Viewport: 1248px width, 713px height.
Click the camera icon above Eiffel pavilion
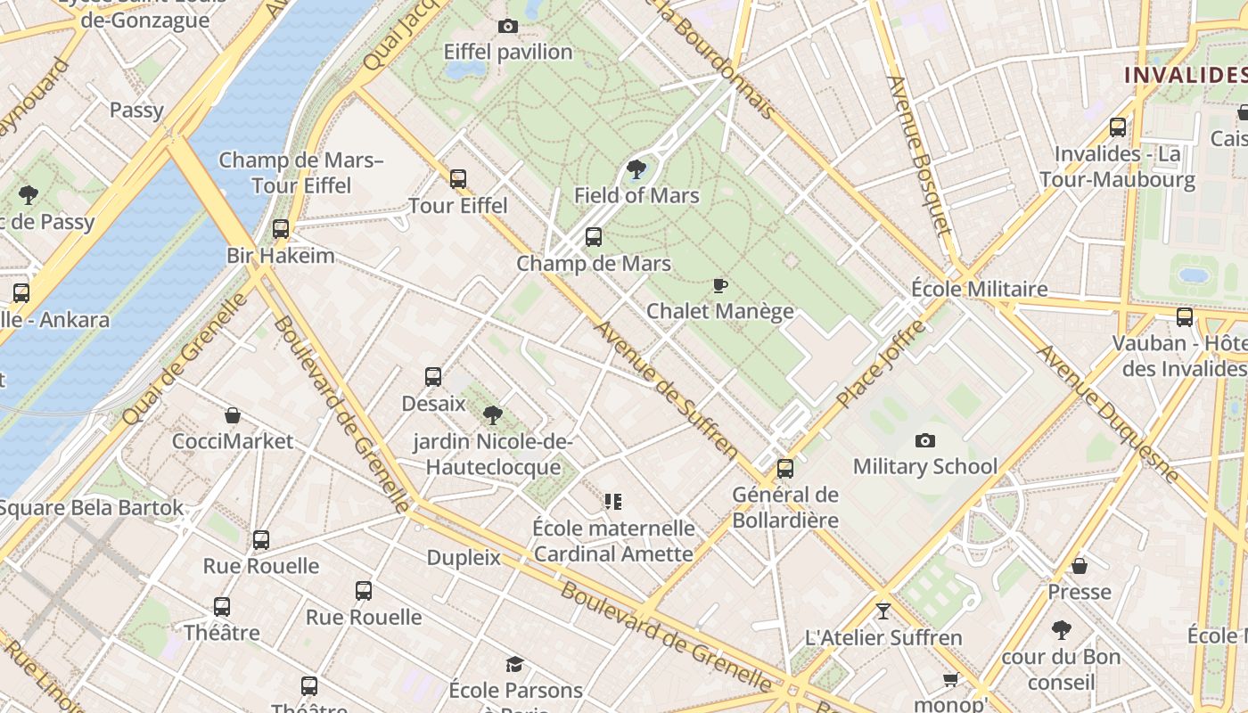508,27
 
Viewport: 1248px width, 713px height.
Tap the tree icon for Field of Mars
636,169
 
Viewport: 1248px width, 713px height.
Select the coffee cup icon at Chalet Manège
720,285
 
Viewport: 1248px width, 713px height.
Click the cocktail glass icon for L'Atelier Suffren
883,611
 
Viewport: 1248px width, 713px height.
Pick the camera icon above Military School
925,440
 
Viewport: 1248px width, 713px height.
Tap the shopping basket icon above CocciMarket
233,415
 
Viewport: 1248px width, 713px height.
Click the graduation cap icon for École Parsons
515,664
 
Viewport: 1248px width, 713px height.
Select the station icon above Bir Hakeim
281,229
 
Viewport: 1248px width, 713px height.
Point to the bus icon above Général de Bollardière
785,469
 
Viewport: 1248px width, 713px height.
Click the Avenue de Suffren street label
666,390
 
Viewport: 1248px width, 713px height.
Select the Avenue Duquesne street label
1108,414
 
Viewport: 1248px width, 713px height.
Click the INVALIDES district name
1185,75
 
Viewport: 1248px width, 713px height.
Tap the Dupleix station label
464,558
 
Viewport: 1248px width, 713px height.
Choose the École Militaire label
979,289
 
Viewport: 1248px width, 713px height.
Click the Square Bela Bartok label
92,508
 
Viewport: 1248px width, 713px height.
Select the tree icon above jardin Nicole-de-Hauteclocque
492,414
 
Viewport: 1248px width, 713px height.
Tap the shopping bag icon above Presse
1079,566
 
